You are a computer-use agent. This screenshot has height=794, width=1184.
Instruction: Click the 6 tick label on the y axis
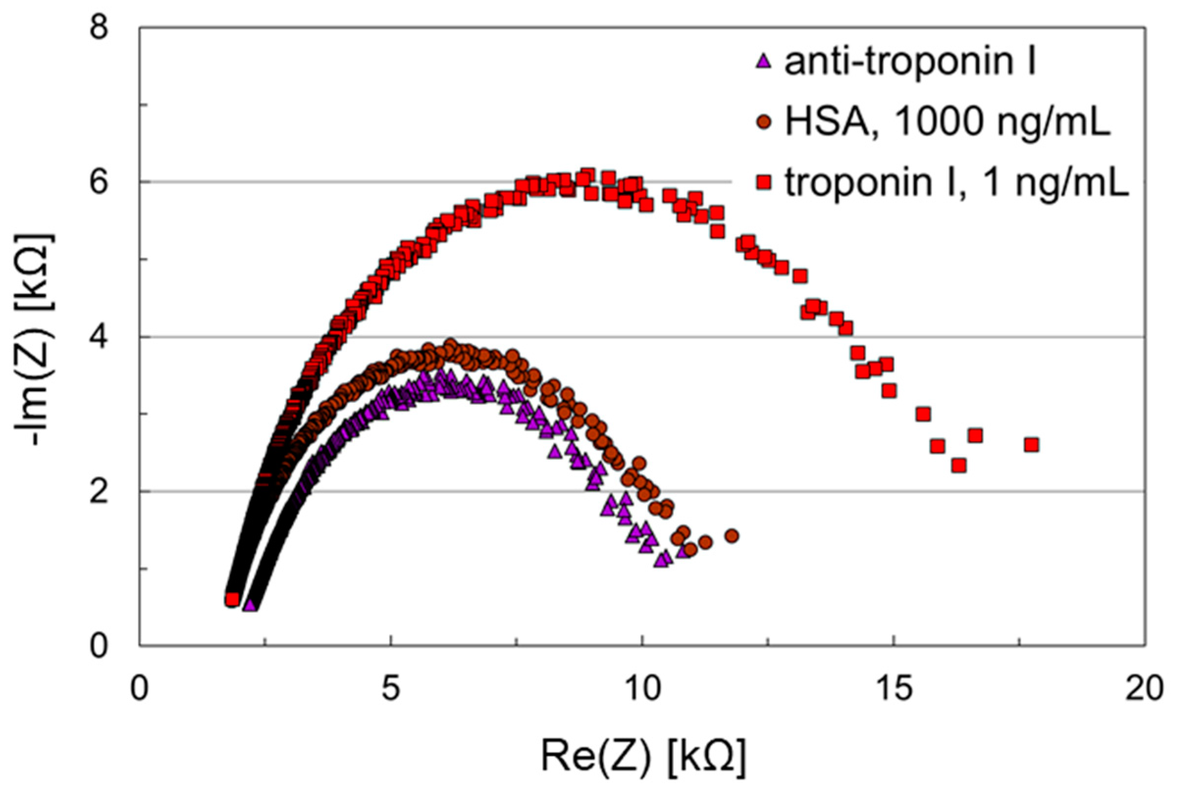click(101, 182)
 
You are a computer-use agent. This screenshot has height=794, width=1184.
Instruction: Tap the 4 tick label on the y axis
click(101, 337)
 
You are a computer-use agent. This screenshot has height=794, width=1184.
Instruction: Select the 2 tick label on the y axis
click(101, 492)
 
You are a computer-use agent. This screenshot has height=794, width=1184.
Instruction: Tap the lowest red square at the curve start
click(232, 599)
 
